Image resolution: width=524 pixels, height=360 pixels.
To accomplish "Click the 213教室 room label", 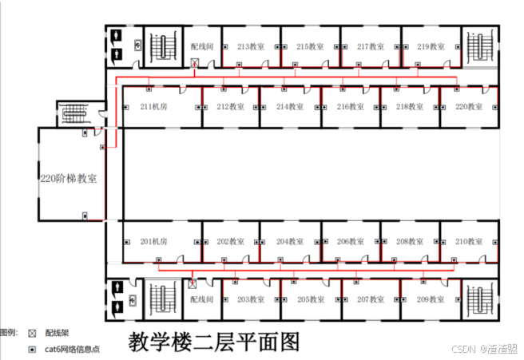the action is point(251,46).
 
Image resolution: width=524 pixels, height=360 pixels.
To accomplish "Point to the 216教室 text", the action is point(350,106).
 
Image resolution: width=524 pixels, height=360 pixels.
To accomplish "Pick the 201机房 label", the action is point(153,241).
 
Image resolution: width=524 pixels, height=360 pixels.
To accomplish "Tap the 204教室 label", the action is point(290,241).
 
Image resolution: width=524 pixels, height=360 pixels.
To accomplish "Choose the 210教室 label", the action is point(469,241).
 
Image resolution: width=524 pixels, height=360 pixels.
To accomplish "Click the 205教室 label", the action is point(311,299).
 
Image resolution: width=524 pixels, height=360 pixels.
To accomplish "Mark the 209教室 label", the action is point(431,299).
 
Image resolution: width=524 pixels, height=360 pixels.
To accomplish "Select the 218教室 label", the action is point(410,106).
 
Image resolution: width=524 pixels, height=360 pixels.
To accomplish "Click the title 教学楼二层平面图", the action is point(214,342).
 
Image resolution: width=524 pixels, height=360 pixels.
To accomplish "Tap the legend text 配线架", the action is point(58,332).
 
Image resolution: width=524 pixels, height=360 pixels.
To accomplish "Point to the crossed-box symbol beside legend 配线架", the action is point(32,332).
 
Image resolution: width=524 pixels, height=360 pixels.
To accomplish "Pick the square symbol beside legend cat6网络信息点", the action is point(32,350).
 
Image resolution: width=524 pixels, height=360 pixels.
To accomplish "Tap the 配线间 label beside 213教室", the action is point(202,46).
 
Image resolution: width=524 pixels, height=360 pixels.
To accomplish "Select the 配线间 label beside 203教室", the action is point(202,299).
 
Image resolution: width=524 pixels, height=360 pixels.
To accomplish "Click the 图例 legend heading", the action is point(9,332).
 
